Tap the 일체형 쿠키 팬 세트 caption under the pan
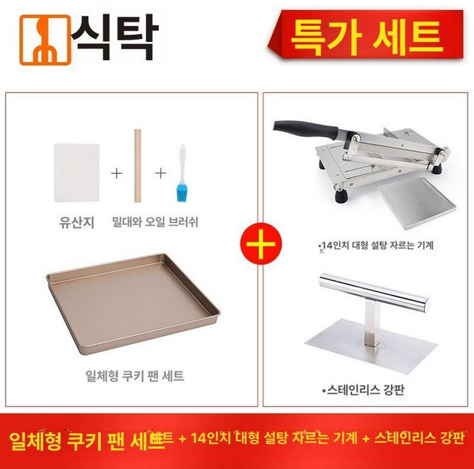(x=133, y=376)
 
